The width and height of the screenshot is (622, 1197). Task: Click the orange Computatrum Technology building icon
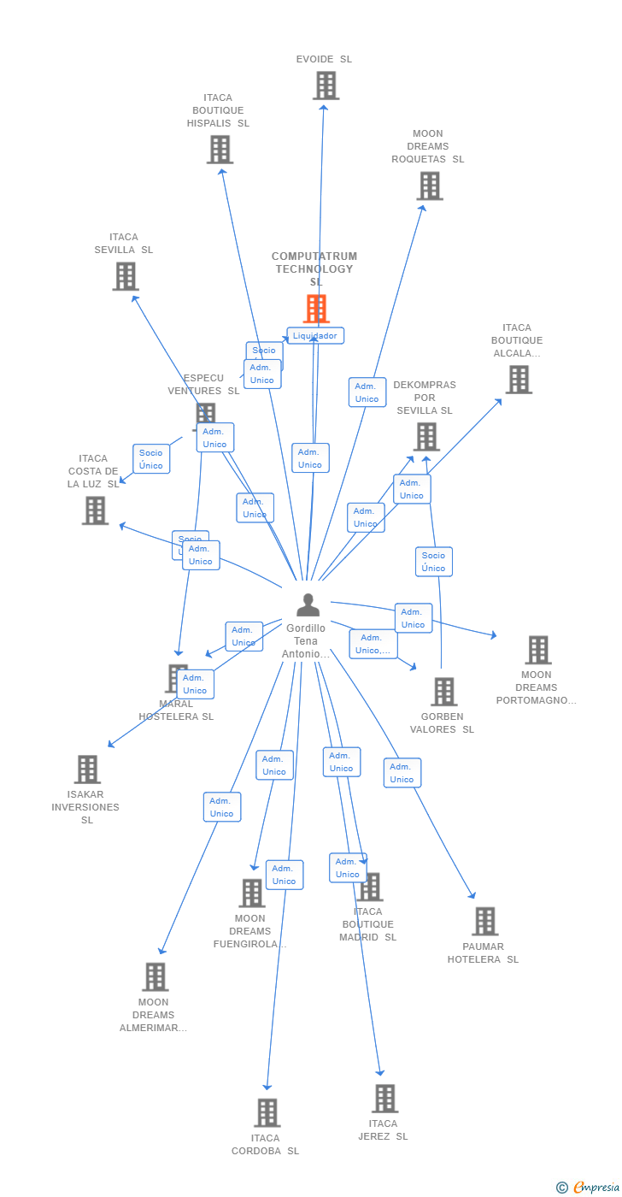tap(316, 309)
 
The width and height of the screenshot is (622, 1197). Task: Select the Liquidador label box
tap(315, 336)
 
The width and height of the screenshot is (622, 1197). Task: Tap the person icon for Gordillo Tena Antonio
tap(308, 605)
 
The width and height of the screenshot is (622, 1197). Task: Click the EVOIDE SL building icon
tap(326, 85)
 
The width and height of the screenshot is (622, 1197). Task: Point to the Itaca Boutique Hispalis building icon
tap(220, 150)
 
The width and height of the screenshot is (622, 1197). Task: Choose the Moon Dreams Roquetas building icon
tap(429, 186)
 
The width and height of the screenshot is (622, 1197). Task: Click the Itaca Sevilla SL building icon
tap(126, 276)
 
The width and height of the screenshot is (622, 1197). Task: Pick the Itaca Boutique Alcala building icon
tap(519, 380)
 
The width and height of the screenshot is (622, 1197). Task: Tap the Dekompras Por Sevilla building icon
tap(425, 437)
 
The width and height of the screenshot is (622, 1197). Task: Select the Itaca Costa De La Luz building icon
tap(95, 510)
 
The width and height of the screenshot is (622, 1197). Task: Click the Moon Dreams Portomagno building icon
tap(537, 650)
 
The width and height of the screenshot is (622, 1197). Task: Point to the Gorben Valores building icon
tap(443, 692)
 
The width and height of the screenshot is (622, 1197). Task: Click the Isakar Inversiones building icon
tap(87, 769)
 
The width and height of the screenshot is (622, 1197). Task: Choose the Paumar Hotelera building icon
tap(484, 922)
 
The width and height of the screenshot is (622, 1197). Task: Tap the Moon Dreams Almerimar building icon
tap(155, 977)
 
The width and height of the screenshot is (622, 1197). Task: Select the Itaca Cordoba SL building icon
tap(267, 1113)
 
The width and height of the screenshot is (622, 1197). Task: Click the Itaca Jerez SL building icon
tap(384, 1099)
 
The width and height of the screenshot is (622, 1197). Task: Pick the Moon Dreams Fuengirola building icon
tap(252, 893)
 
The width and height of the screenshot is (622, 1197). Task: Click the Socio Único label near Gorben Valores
tap(434, 562)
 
